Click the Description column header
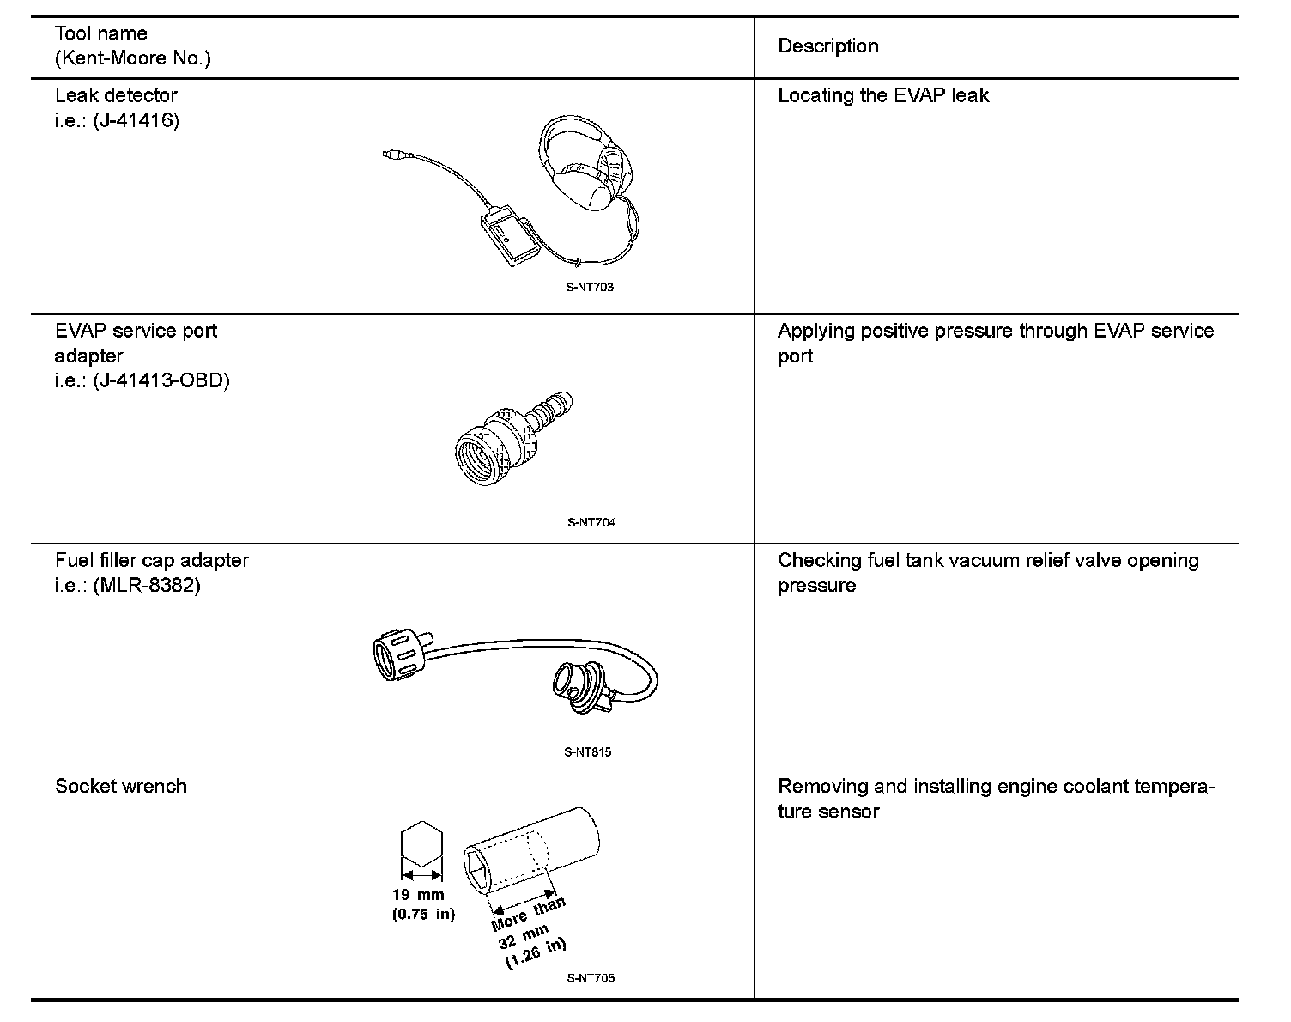click(827, 46)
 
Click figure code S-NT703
click(590, 288)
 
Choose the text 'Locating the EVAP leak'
click(882, 95)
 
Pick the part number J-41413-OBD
click(161, 380)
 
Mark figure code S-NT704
click(591, 522)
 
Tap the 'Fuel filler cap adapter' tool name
click(152, 561)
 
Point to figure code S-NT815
click(588, 752)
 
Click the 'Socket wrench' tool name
click(121, 787)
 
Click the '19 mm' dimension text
click(419, 895)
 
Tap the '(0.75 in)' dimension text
click(423, 914)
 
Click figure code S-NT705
click(591, 978)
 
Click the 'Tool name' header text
click(100, 34)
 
